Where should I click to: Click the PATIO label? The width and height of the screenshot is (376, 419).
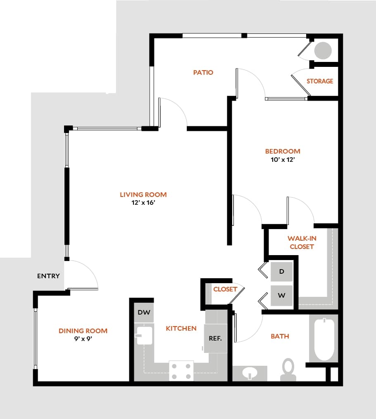[x=203, y=73]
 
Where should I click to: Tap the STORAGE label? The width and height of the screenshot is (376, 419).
[x=320, y=81]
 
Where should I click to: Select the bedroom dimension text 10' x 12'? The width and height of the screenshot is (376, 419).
[x=283, y=160]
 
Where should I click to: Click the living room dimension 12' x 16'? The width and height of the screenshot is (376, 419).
[x=143, y=203]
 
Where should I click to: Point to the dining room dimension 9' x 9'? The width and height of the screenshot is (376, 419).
[x=83, y=339]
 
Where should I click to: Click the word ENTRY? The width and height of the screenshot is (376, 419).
[x=48, y=276]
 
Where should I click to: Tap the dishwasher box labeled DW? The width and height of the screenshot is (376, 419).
[x=144, y=312]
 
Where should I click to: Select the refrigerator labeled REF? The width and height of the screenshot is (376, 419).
[x=215, y=339]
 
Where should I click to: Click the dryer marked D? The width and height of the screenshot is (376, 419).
[x=281, y=272]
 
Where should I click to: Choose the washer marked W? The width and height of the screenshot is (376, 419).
[x=281, y=296]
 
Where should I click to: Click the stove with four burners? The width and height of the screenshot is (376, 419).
[x=181, y=371]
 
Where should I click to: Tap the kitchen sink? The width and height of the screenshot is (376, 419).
[x=144, y=335]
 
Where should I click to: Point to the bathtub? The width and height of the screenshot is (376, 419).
[x=324, y=339]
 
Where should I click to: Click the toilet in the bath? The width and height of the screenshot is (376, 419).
[x=288, y=369]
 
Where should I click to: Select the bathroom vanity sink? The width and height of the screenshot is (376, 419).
[x=250, y=373]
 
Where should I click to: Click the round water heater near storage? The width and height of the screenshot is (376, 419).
[x=323, y=51]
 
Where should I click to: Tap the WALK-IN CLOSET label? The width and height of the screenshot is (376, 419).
[x=302, y=243]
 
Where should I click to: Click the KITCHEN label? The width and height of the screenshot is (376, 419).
[x=181, y=329]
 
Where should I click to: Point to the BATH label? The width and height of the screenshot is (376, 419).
[x=280, y=336]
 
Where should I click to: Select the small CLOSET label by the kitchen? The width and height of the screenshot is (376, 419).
[x=225, y=289]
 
